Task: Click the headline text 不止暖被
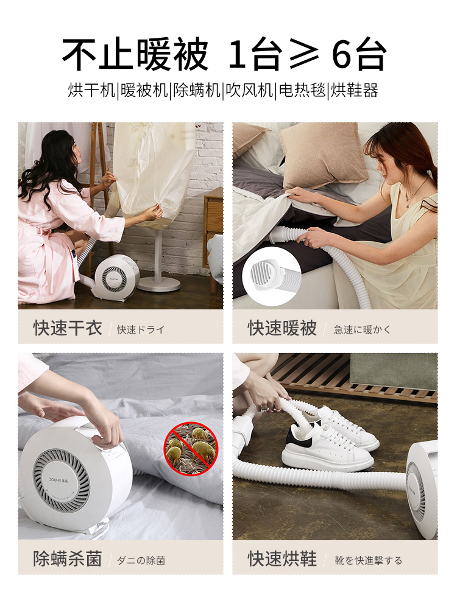coord(135,54)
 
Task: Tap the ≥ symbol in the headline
coord(304,54)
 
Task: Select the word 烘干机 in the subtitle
coord(92,91)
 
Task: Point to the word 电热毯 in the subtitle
coord(302,91)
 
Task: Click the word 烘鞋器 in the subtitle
coord(354,91)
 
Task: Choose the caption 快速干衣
coord(68,328)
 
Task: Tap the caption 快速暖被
coord(282,328)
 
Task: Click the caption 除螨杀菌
coord(68,559)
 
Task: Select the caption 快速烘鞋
coord(282,559)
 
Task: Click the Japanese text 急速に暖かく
coord(362,329)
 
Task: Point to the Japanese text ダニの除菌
coord(141,560)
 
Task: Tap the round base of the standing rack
coord(159,284)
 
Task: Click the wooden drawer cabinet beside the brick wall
coord(213,229)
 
